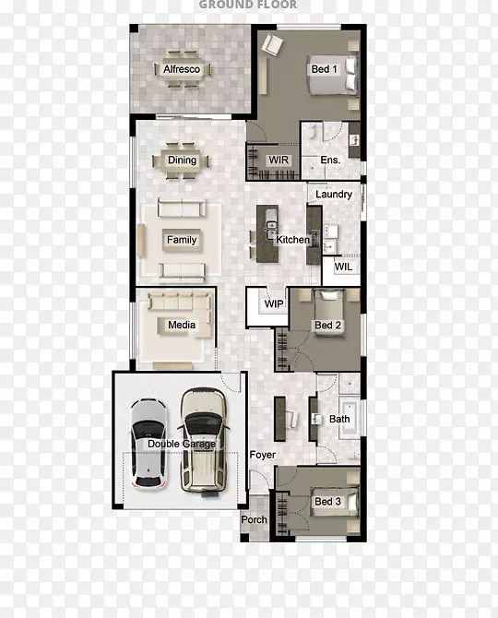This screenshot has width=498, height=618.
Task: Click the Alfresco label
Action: tap(182, 69)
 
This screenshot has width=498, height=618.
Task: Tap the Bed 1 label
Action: tap(325, 69)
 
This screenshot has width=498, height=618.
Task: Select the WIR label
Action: tap(279, 160)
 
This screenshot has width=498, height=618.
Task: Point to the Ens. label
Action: tap(330, 160)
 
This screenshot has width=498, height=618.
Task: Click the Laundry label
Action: tap(334, 195)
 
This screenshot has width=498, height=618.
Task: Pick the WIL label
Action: tap(344, 267)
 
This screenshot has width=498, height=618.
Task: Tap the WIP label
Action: tap(274, 303)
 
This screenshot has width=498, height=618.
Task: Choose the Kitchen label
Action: tap(292, 240)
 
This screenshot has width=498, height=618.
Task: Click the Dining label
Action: tap(182, 160)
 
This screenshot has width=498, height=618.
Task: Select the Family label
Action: tap(182, 240)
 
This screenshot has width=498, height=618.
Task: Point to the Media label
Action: tap(182, 325)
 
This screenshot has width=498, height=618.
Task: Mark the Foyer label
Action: tap(263, 455)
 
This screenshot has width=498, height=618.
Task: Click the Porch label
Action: tap(255, 520)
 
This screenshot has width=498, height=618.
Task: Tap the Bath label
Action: tap(339, 419)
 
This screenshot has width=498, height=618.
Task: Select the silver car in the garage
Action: tap(148, 443)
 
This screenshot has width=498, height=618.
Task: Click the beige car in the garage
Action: tap(203, 441)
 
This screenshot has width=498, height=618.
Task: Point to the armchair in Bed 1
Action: tap(273, 45)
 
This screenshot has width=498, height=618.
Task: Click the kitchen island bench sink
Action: tap(271, 225)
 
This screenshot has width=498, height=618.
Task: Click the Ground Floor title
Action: tap(248, 5)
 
